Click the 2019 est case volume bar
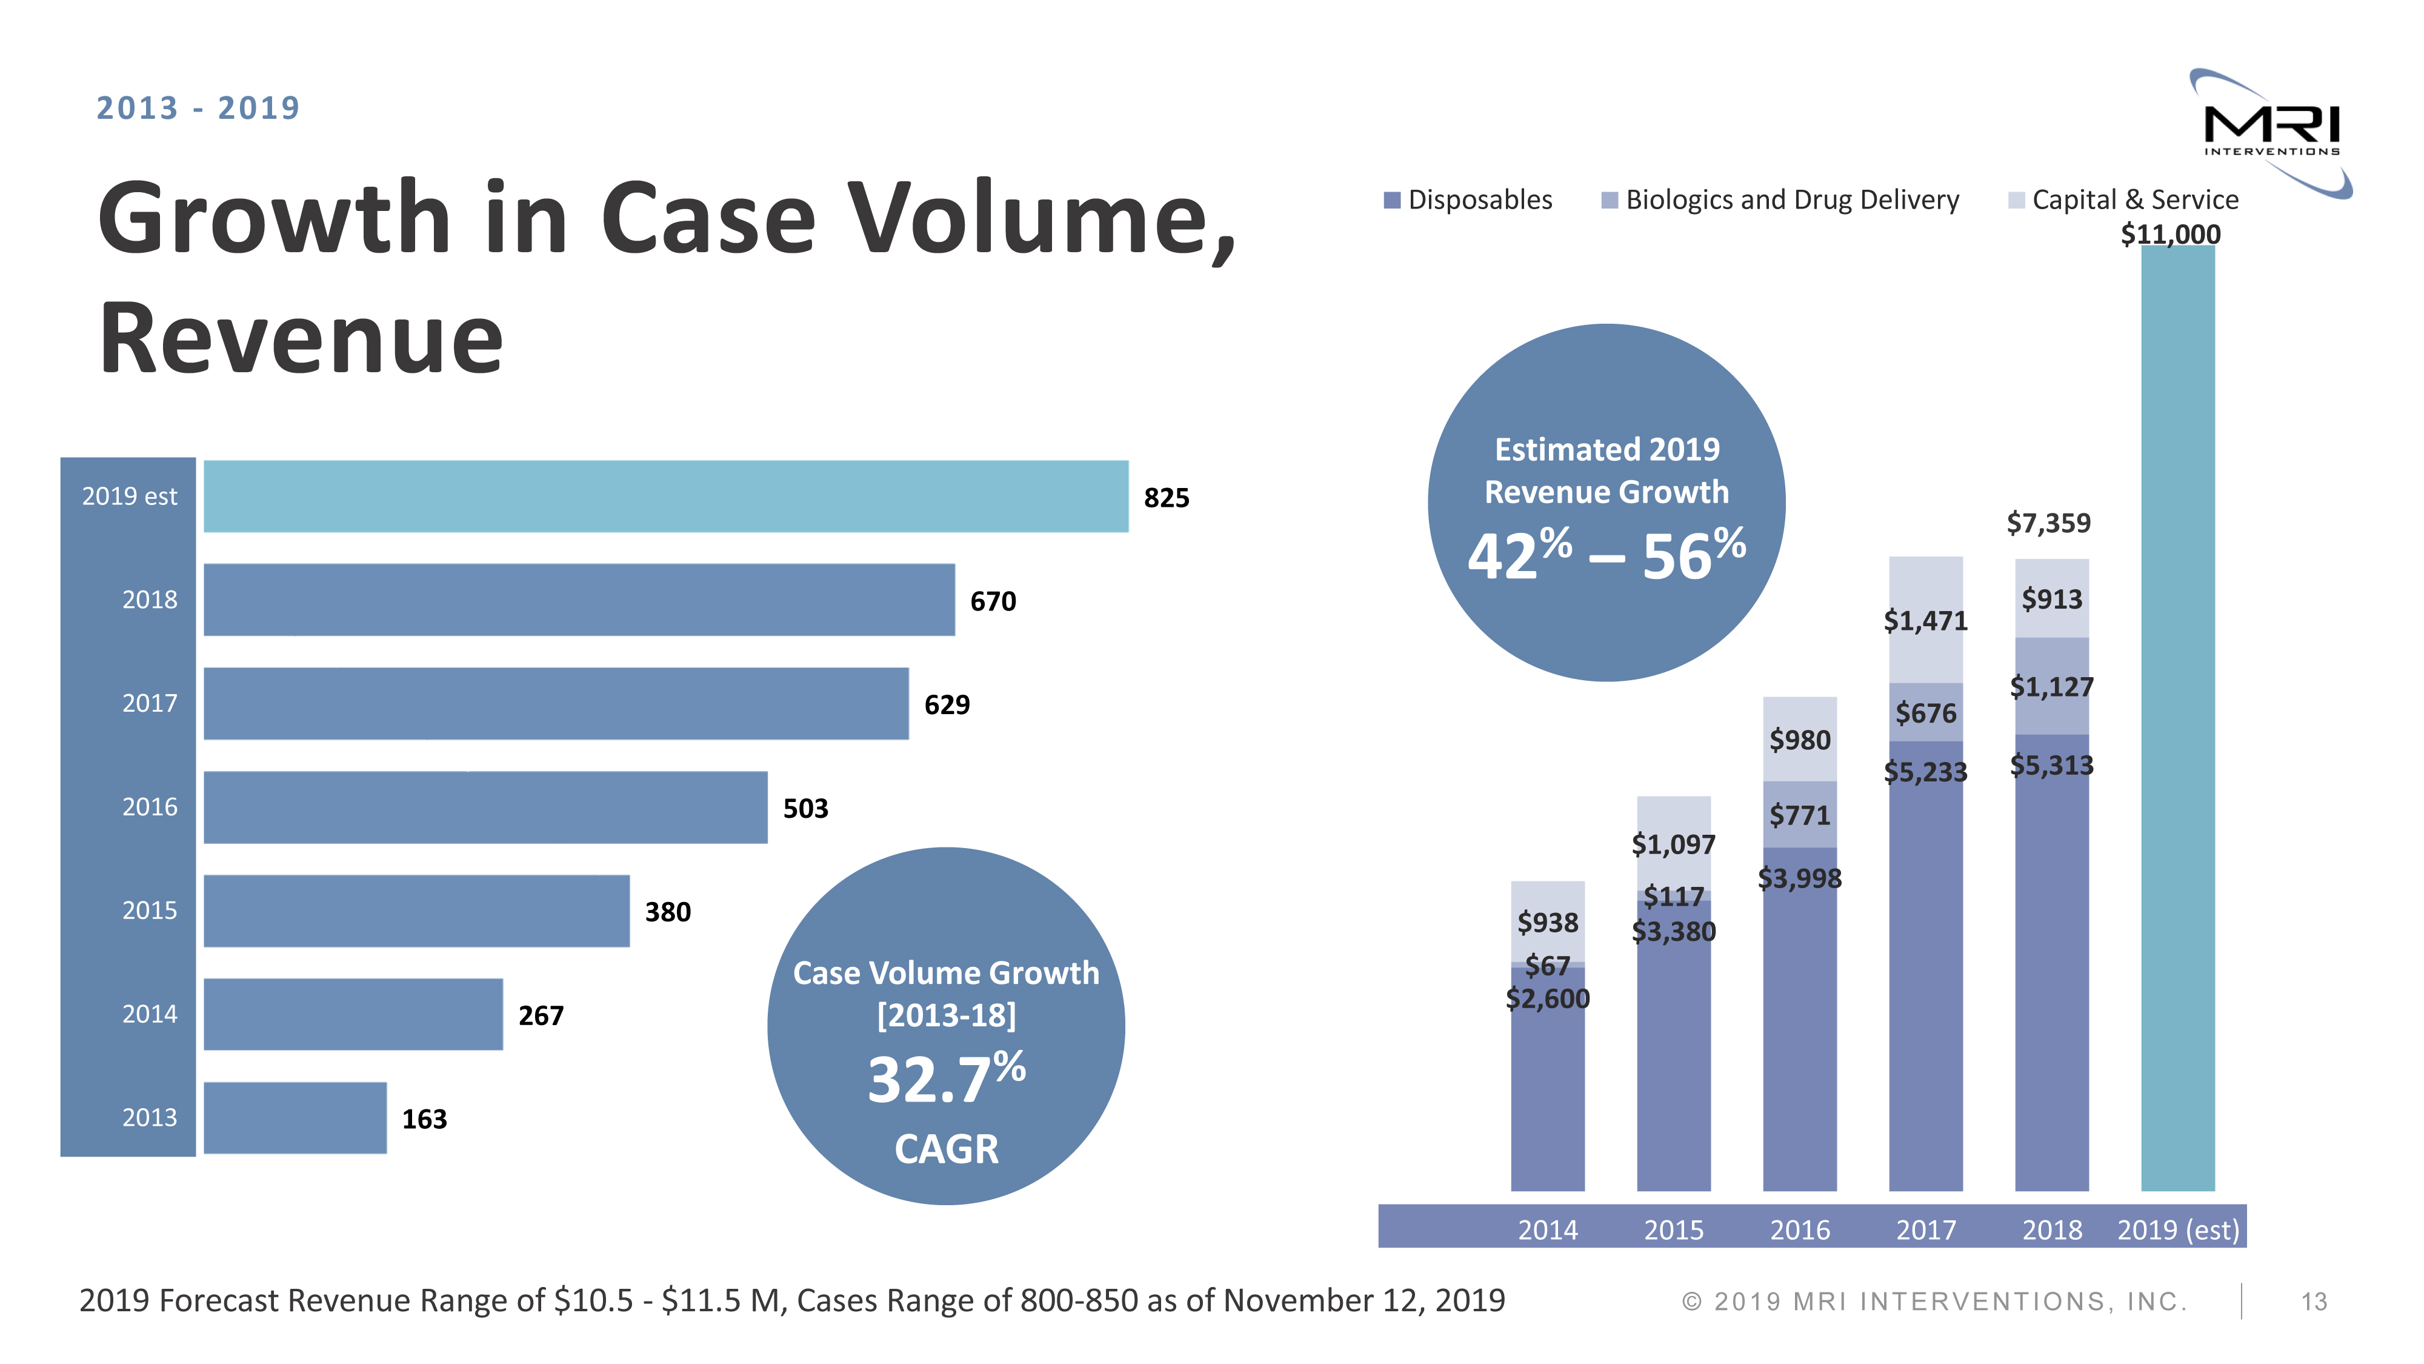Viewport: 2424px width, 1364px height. click(x=665, y=496)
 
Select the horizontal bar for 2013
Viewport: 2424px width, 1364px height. click(x=295, y=1117)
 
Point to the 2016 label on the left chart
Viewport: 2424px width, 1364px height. click(x=150, y=807)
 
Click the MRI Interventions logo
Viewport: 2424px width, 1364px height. click(x=2271, y=132)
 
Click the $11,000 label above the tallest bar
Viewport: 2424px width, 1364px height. click(x=2170, y=235)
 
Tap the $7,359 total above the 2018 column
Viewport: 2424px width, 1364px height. click(x=2048, y=523)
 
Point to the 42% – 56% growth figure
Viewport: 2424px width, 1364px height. click(x=1607, y=555)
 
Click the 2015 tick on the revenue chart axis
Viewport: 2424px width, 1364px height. click(x=1673, y=1229)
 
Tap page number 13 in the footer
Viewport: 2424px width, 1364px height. click(x=2314, y=1302)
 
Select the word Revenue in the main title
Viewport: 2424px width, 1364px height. click(x=301, y=339)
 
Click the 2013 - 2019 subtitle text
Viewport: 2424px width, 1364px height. click(x=198, y=109)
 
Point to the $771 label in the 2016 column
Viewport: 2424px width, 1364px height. click(x=1799, y=815)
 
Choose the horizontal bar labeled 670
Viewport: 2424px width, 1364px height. click(x=579, y=600)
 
